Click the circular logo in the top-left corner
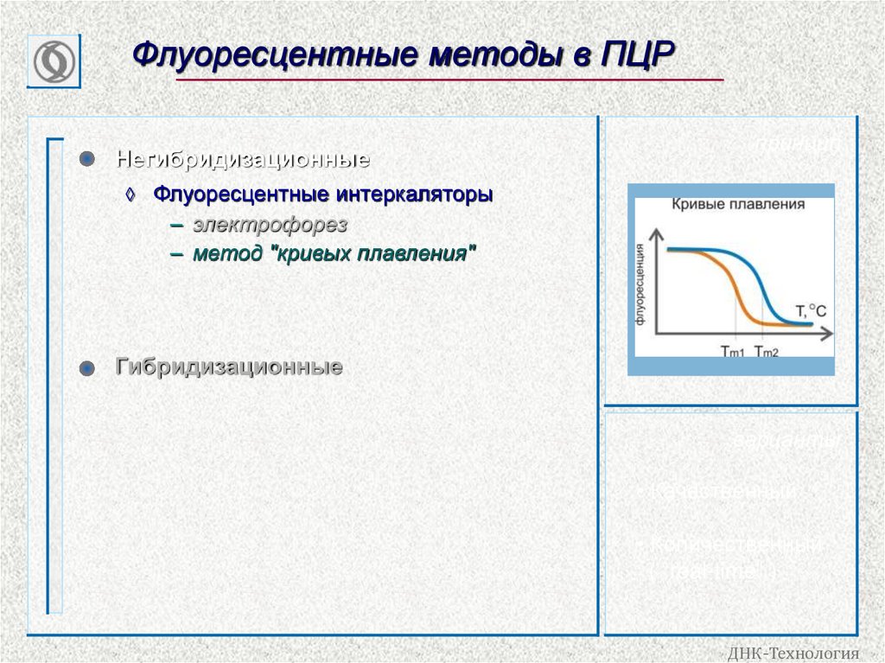[54, 62]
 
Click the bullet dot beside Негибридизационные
[86, 160]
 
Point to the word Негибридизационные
[244, 160]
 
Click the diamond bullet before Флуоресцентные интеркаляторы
[131, 194]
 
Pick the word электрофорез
[270, 225]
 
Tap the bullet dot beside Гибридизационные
[86, 368]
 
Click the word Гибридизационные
[229, 367]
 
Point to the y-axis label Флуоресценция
[641, 284]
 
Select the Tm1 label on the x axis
[733, 351]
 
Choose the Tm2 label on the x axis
[767, 351]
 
